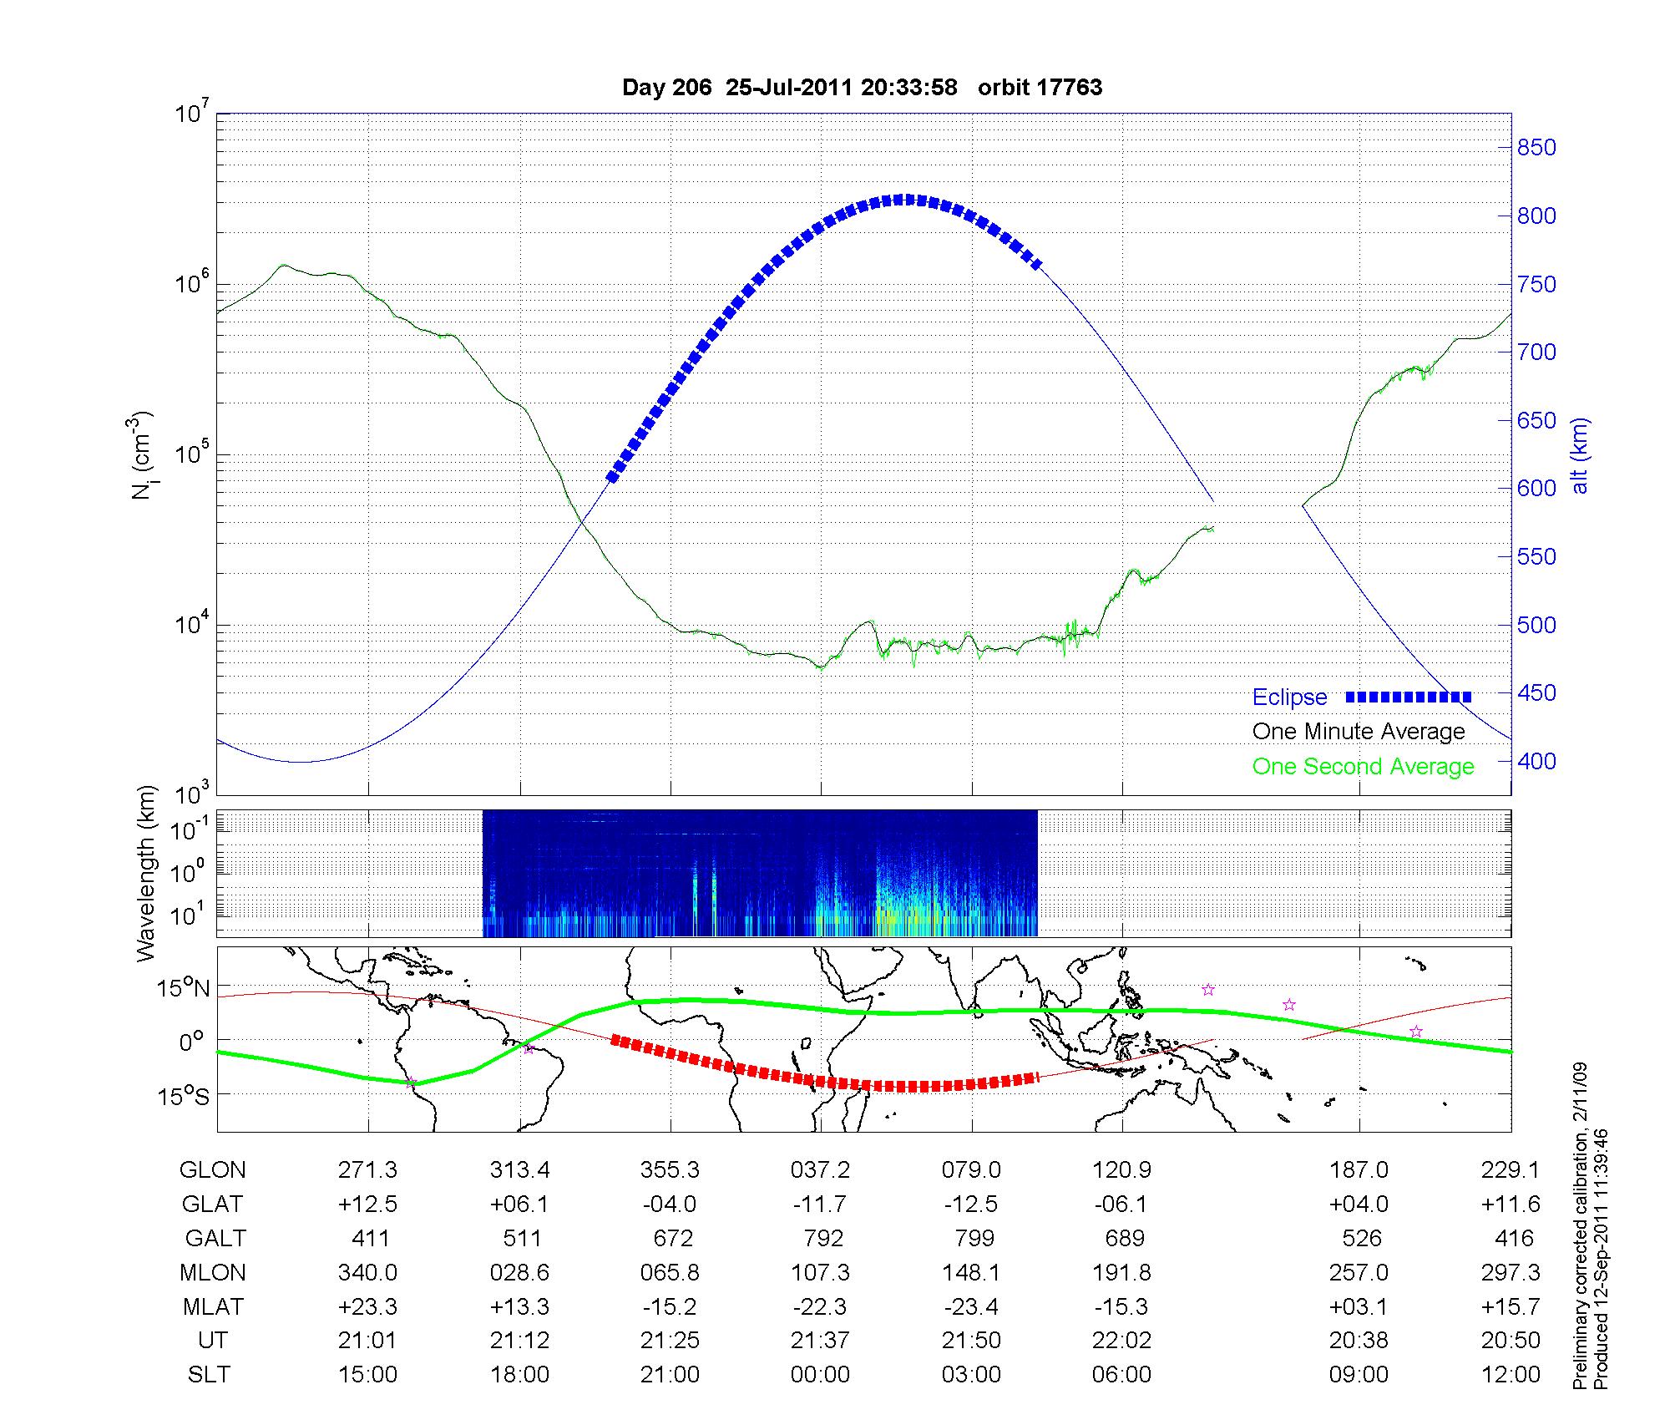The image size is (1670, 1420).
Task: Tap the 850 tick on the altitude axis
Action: pos(1536,148)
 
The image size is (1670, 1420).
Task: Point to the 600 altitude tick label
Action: pos(1536,489)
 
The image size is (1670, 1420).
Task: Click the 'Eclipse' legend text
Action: pos(1289,697)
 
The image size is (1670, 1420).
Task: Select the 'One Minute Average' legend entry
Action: pos(1359,732)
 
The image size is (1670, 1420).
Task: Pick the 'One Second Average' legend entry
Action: pos(1363,767)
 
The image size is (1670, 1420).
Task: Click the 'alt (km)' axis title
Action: pos(1580,455)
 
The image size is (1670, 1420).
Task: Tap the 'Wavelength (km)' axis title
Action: pos(146,873)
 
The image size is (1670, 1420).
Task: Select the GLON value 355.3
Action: pos(670,1170)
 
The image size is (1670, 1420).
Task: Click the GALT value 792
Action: pos(822,1238)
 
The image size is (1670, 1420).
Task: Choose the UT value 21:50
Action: pos(971,1341)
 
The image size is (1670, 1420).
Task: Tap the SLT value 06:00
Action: pos(1121,1375)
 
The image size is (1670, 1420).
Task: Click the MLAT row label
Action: pos(213,1306)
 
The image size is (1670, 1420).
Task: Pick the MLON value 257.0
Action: pos(1359,1272)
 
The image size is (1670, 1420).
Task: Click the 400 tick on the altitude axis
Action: pos(1536,762)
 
